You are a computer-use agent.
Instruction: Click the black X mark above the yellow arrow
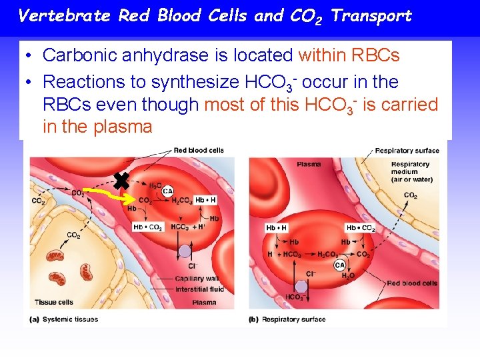click(x=121, y=179)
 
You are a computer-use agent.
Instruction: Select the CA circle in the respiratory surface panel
click(x=339, y=265)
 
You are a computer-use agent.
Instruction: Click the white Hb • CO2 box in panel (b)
click(x=360, y=228)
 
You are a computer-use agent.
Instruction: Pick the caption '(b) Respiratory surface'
click(x=287, y=319)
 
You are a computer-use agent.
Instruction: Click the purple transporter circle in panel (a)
click(x=185, y=252)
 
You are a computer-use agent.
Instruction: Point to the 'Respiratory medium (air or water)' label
click(x=410, y=171)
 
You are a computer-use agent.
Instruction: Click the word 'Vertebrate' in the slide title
click(x=63, y=15)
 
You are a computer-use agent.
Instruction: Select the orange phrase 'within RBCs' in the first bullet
click(x=349, y=55)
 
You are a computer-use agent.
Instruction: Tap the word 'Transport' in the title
click(x=371, y=15)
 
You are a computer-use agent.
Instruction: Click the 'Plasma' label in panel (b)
click(x=309, y=164)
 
